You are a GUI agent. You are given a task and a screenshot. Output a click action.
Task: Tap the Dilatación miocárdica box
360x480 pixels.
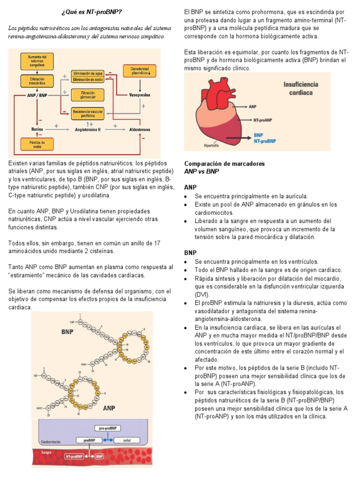point(37,82)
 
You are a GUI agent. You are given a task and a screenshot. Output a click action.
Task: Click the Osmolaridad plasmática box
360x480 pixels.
point(140,71)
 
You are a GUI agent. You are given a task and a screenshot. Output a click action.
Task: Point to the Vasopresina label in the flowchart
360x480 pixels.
point(140,95)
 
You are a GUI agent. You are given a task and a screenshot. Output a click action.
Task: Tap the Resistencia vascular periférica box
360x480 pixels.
point(88,113)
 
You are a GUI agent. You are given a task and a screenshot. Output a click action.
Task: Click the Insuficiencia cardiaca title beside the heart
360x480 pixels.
point(300,88)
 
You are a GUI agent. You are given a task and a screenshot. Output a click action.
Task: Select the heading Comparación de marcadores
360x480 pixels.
point(225,164)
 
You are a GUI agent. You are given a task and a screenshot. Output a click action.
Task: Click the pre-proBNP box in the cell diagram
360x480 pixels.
point(108,428)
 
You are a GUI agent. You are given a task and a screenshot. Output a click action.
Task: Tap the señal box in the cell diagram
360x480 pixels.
point(127,441)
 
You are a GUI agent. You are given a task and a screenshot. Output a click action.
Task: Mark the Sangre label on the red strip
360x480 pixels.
point(46,453)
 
